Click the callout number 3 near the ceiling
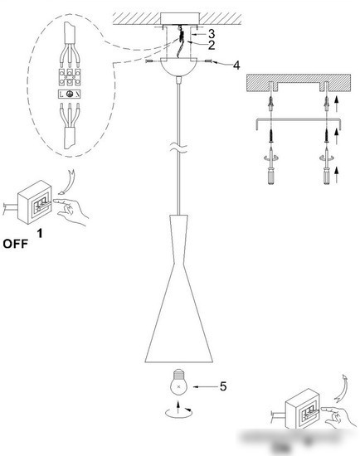tap(212, 34)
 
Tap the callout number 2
tap(212, 45)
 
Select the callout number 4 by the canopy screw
tap(236, 65)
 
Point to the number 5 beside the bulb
tap(223, 386)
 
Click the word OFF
tap(16, 244)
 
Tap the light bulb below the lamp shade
tap(178, 382)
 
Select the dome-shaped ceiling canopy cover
tap(179, 67)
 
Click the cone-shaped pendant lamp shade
tap(179, 289)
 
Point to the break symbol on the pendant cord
tap(179, 148)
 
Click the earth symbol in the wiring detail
tap(70, 94)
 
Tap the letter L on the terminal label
tap(61, 95)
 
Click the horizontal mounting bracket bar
tap(299, 119)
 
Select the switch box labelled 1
tap(35, 202)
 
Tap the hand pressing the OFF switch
tap(71, 211)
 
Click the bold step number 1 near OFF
tap(40, 233)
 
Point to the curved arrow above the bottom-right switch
tap(341, 388)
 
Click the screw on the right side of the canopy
tap(209, 61)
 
